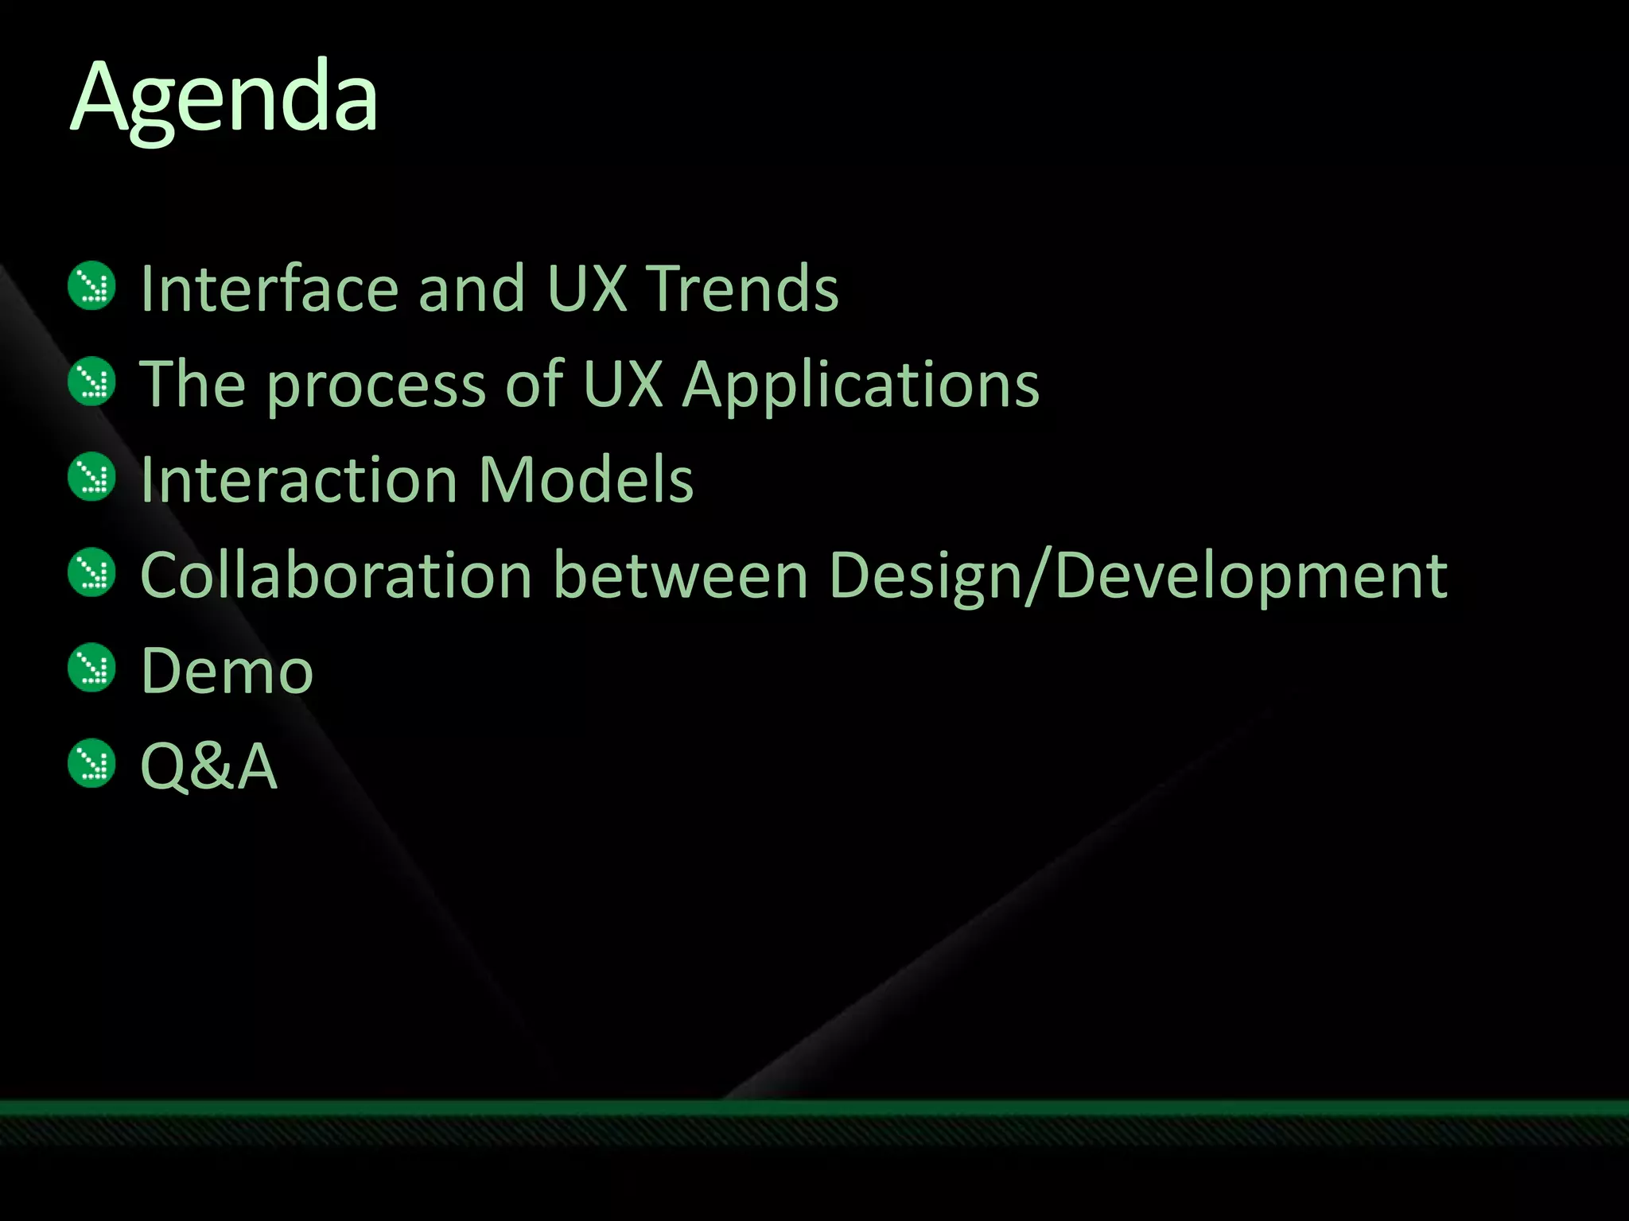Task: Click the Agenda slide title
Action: point(224,99)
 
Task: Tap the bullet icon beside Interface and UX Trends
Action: point(92,286)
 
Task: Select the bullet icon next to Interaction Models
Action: point(92,477)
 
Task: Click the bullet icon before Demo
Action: point(92,668)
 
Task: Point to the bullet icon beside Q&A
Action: point(92,763)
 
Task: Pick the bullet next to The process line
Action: point(92,382)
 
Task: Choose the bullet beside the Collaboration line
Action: point(92,572)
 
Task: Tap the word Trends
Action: point(741,288)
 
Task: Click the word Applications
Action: point(861,385)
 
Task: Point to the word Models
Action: point(586,480)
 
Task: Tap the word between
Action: point(681,576)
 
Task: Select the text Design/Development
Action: point(1137,576)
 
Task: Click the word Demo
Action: point(227,671)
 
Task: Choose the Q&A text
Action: point(208,766)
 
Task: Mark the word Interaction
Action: point(299,480)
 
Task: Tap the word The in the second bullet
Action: point(192,385)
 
